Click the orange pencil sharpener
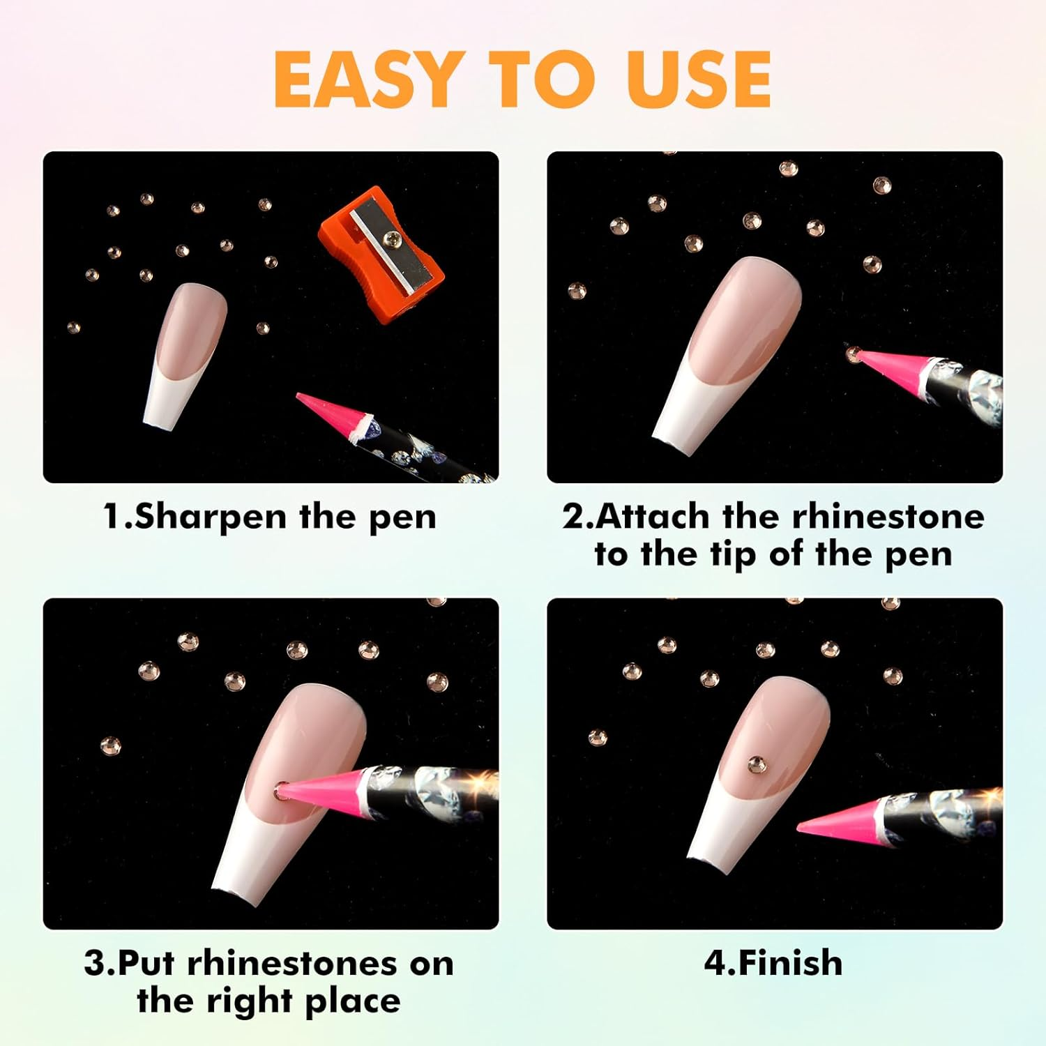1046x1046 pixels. pyautogui.click(x=381, y=255)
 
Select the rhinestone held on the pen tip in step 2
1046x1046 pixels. pyautogui.click(x=853, y=354)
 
